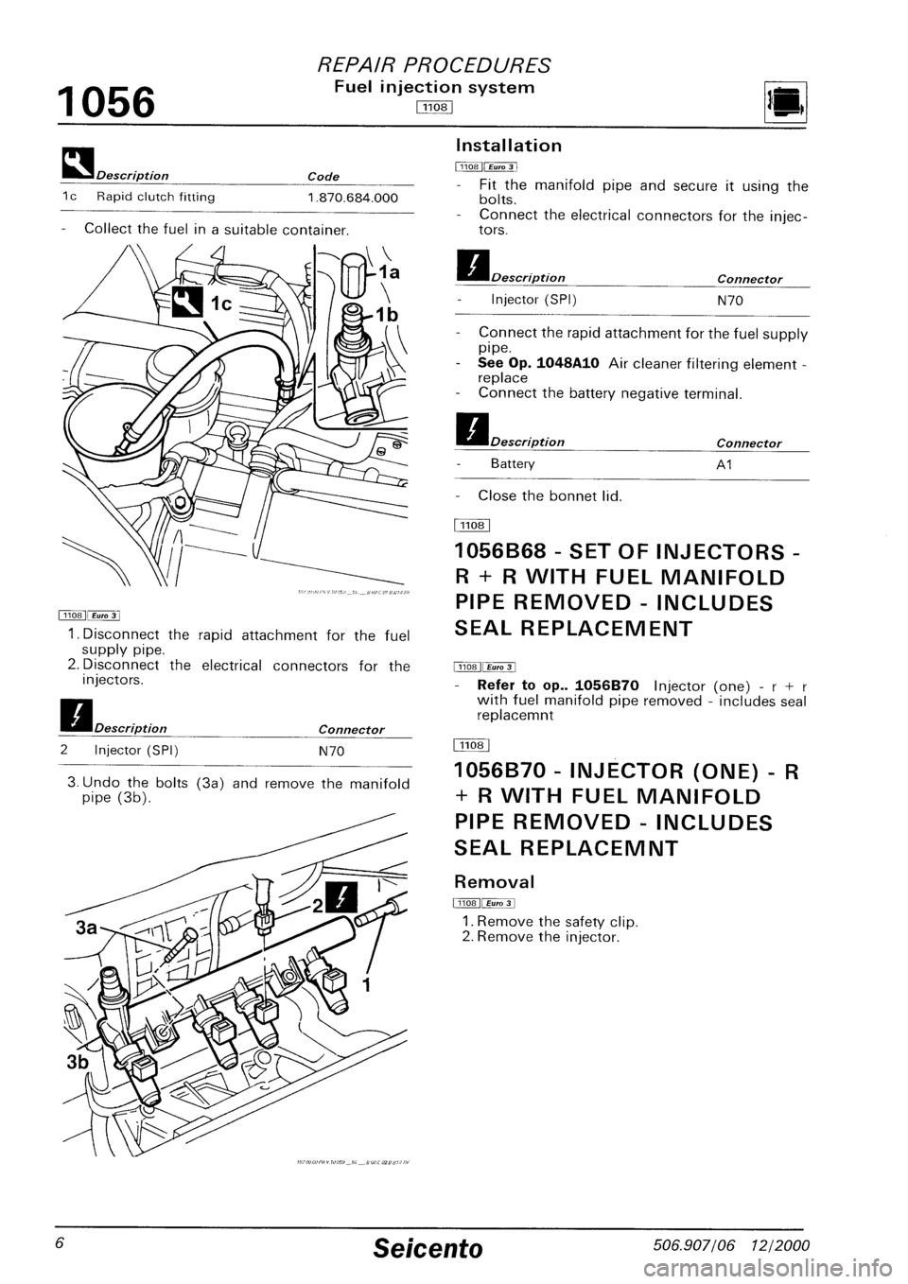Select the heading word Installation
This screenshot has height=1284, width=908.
coord(509,146)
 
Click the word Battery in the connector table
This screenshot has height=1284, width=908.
coord(513,464)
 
